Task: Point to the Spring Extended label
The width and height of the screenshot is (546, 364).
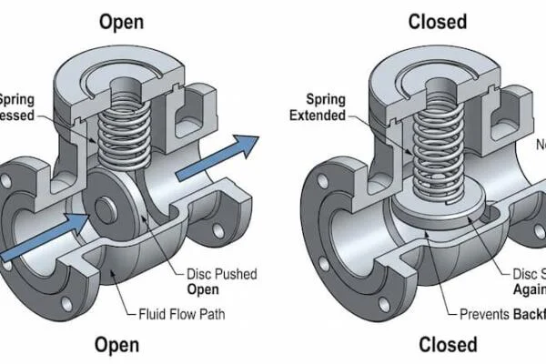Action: click(x=319, y=108)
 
